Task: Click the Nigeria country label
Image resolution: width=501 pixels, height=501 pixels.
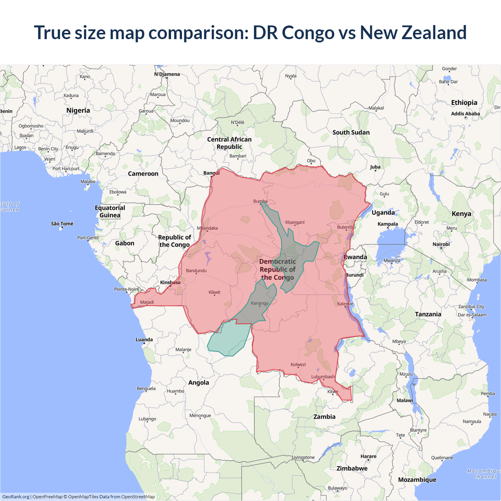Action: (78, 110)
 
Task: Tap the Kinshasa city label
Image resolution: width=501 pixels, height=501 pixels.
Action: (170, 283)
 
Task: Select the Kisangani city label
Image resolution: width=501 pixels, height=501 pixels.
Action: (295, 222)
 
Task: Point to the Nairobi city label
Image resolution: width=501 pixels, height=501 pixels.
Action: (441, 244)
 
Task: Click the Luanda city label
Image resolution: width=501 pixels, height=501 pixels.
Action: (144, 340)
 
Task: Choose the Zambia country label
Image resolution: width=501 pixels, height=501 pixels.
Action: (324, 417)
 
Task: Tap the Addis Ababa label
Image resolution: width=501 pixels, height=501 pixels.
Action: (465, 114)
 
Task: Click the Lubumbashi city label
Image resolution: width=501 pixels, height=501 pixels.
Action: (323, 377)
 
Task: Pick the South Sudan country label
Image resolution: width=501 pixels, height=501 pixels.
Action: (351, 132)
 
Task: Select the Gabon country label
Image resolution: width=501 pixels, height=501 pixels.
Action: (124, 243)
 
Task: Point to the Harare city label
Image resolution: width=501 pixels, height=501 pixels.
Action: (368, 456)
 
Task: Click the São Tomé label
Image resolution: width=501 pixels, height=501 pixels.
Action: (62, 224)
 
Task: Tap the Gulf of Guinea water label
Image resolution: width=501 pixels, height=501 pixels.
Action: (9, 207)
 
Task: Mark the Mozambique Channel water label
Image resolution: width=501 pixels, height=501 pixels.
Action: (484, 474)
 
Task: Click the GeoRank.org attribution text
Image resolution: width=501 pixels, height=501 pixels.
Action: (16, 497)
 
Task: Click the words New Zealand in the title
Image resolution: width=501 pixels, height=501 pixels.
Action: (413, 32)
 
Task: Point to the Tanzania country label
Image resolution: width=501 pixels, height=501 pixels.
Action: (428, 314)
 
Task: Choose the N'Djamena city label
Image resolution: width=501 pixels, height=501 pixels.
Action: (167, 74)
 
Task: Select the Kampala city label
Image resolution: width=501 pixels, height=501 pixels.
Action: (387, 224)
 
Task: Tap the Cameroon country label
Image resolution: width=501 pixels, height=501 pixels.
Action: (143, 174)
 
